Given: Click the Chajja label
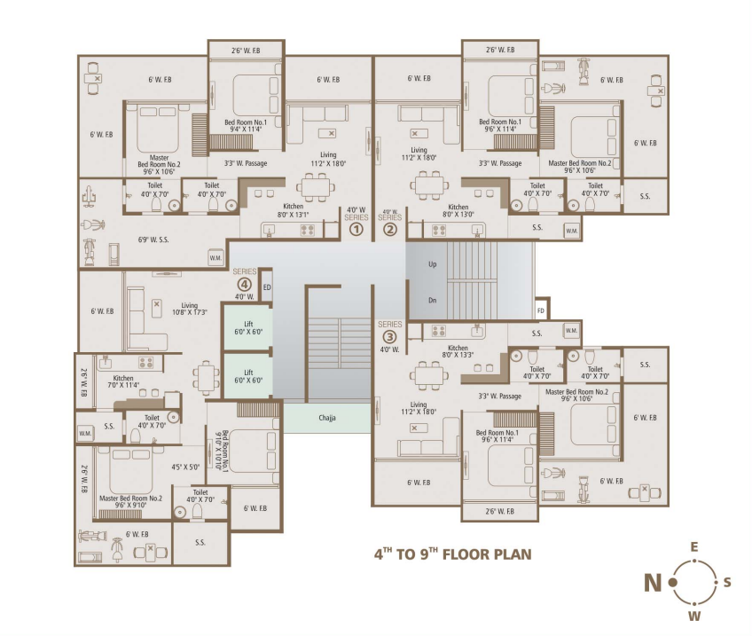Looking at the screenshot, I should point(328,418).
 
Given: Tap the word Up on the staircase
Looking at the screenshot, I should point(432,264).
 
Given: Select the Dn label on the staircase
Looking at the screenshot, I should point(432,300).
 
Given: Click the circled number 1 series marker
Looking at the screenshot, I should point(356,229).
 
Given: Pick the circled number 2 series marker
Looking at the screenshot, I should point(390,229).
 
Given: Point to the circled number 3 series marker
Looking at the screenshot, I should point(389,336).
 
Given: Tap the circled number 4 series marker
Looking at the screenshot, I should point(244,284).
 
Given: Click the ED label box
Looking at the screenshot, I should point(266,287).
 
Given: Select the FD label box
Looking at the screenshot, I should point(541,311).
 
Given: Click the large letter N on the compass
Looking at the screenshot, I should point(653,583).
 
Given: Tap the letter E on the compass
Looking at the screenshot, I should point(694,547).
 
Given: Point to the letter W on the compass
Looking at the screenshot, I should point(694,616).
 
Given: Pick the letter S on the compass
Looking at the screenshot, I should point(727,582).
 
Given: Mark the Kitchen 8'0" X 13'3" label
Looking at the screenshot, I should point(458,351).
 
